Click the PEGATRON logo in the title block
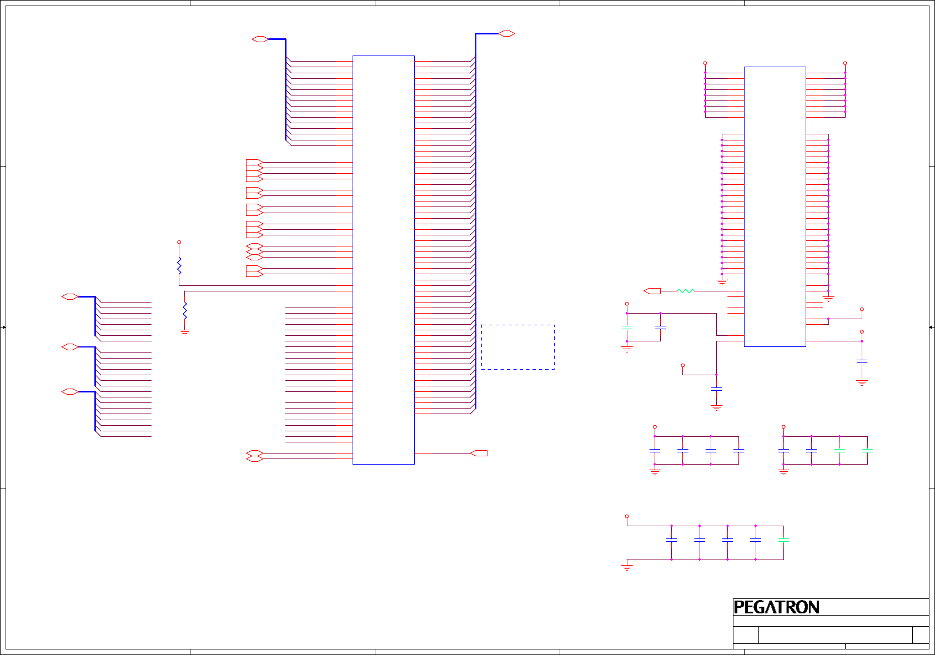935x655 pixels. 776,607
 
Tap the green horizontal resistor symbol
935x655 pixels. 686,291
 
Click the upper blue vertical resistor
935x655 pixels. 179,266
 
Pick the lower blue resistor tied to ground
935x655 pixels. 185,310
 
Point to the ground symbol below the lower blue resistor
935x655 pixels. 185,332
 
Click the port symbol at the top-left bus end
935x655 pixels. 260,39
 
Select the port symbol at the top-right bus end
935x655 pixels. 506,34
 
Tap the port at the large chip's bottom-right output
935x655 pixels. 479,454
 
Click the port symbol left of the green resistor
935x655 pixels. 652,291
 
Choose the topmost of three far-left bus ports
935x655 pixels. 69,297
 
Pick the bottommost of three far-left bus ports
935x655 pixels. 69,392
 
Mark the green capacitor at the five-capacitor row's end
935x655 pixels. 783,540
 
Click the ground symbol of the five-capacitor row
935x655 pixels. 627,567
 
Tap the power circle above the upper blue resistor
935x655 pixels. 179,243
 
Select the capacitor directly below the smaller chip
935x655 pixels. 716,389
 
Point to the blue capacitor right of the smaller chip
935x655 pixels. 862,361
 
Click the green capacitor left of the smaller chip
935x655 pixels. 627,328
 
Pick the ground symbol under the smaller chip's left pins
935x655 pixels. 722,283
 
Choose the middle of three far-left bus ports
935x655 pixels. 69,347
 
